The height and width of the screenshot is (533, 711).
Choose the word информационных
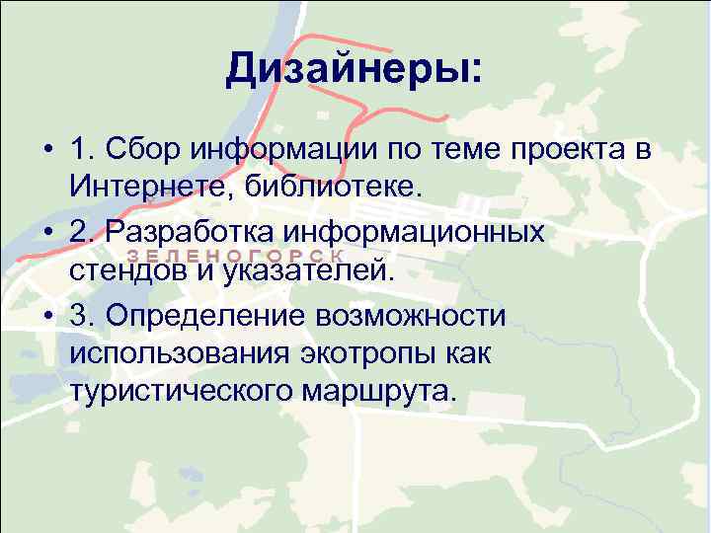click(414, 232)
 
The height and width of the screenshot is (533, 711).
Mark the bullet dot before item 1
click(47, 150)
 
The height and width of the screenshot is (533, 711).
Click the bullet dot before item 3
click(47, 316)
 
